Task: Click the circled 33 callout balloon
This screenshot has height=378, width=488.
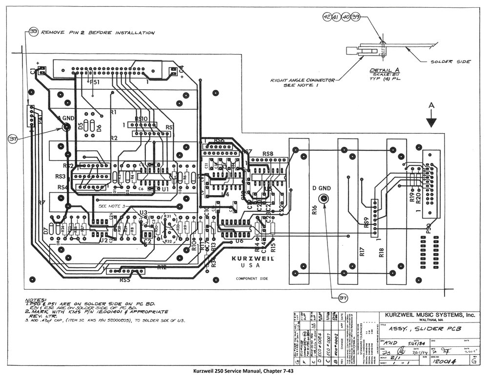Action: pyautogui.click(x=34, y=33)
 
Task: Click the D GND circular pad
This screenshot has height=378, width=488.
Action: pyautogui.click(x=323, y=199)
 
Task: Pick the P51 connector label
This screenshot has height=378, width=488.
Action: pyautogui.click(x=94, y=83)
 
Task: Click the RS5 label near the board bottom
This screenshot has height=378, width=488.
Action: pyautogui.click(x=124, y=280)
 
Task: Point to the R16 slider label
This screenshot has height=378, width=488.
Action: pyautogui.click(x=314, y=210)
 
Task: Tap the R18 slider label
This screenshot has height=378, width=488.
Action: pyautogui.click(x=382, y=252)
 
